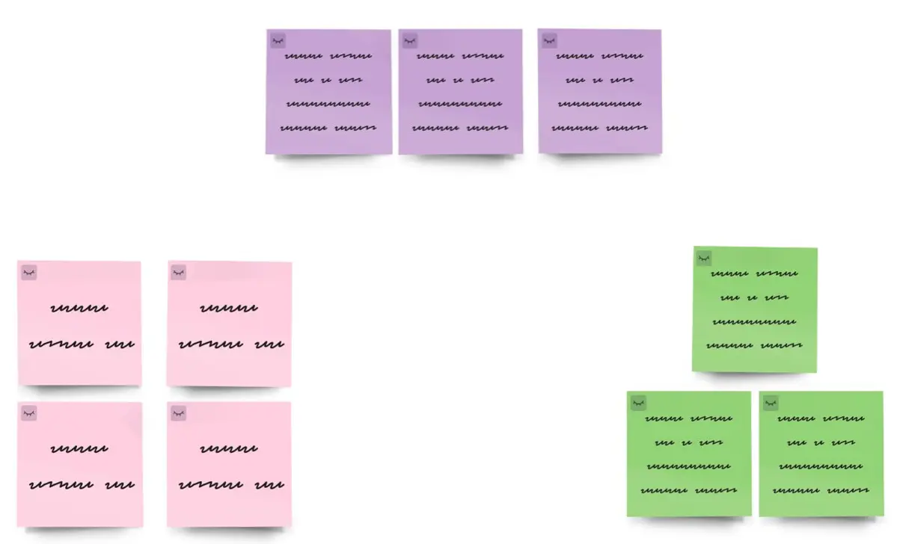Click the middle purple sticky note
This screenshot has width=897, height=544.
click(x=460, y=91)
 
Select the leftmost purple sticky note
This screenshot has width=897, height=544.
click(x=328, y=91)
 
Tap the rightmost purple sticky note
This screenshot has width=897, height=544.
click(x=599, y=91)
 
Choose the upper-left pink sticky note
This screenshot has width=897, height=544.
click(x=80, y=323)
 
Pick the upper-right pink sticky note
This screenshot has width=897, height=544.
click(x=229, y=323)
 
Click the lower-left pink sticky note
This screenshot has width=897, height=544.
click(x=80, y=464)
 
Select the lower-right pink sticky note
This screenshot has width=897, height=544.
click(x=229, y=464)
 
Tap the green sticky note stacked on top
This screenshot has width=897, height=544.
click(x=755, y=309)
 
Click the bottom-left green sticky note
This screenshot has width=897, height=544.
click(x=689, y=454)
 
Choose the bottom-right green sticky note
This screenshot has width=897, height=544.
click(x=821, y=454)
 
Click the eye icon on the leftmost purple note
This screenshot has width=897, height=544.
click(x=278, y=40)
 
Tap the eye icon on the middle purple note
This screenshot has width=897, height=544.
click(x=409, y=40)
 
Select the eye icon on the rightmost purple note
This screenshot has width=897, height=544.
click(x=549, y=40)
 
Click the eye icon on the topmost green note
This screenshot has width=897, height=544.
click(x=704, y=259)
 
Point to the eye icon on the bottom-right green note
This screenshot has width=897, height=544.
click(x=771, y=403)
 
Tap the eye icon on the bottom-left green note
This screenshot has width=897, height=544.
click(x=638, y=403)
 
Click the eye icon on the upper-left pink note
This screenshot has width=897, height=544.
click(x=29, y=273)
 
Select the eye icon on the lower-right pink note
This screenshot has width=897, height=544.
click(x=178, y=413)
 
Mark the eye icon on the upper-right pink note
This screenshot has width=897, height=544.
click(x=178, y=273)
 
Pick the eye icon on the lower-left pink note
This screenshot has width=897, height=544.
click(x=29, y=413)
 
